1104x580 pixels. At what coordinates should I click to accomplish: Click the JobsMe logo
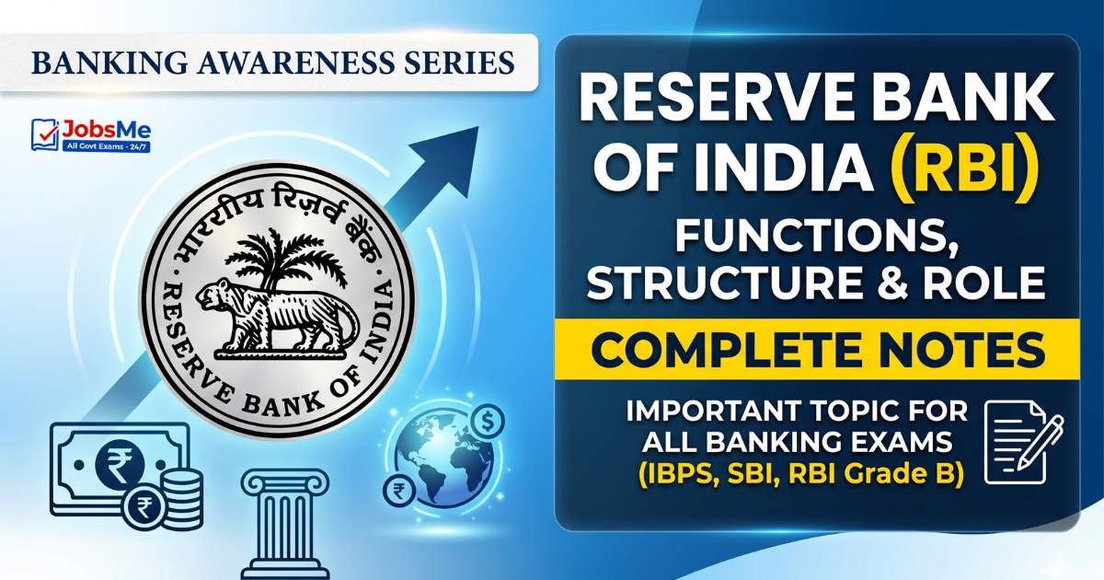pos(91,134)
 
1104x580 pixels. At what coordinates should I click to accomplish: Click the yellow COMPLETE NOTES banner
pos(817,349)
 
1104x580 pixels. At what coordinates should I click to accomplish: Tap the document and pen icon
pos(1024,442)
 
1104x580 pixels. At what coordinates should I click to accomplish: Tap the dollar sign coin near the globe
pos(488,422)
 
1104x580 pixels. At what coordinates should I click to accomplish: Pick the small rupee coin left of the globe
pos(399,492)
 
